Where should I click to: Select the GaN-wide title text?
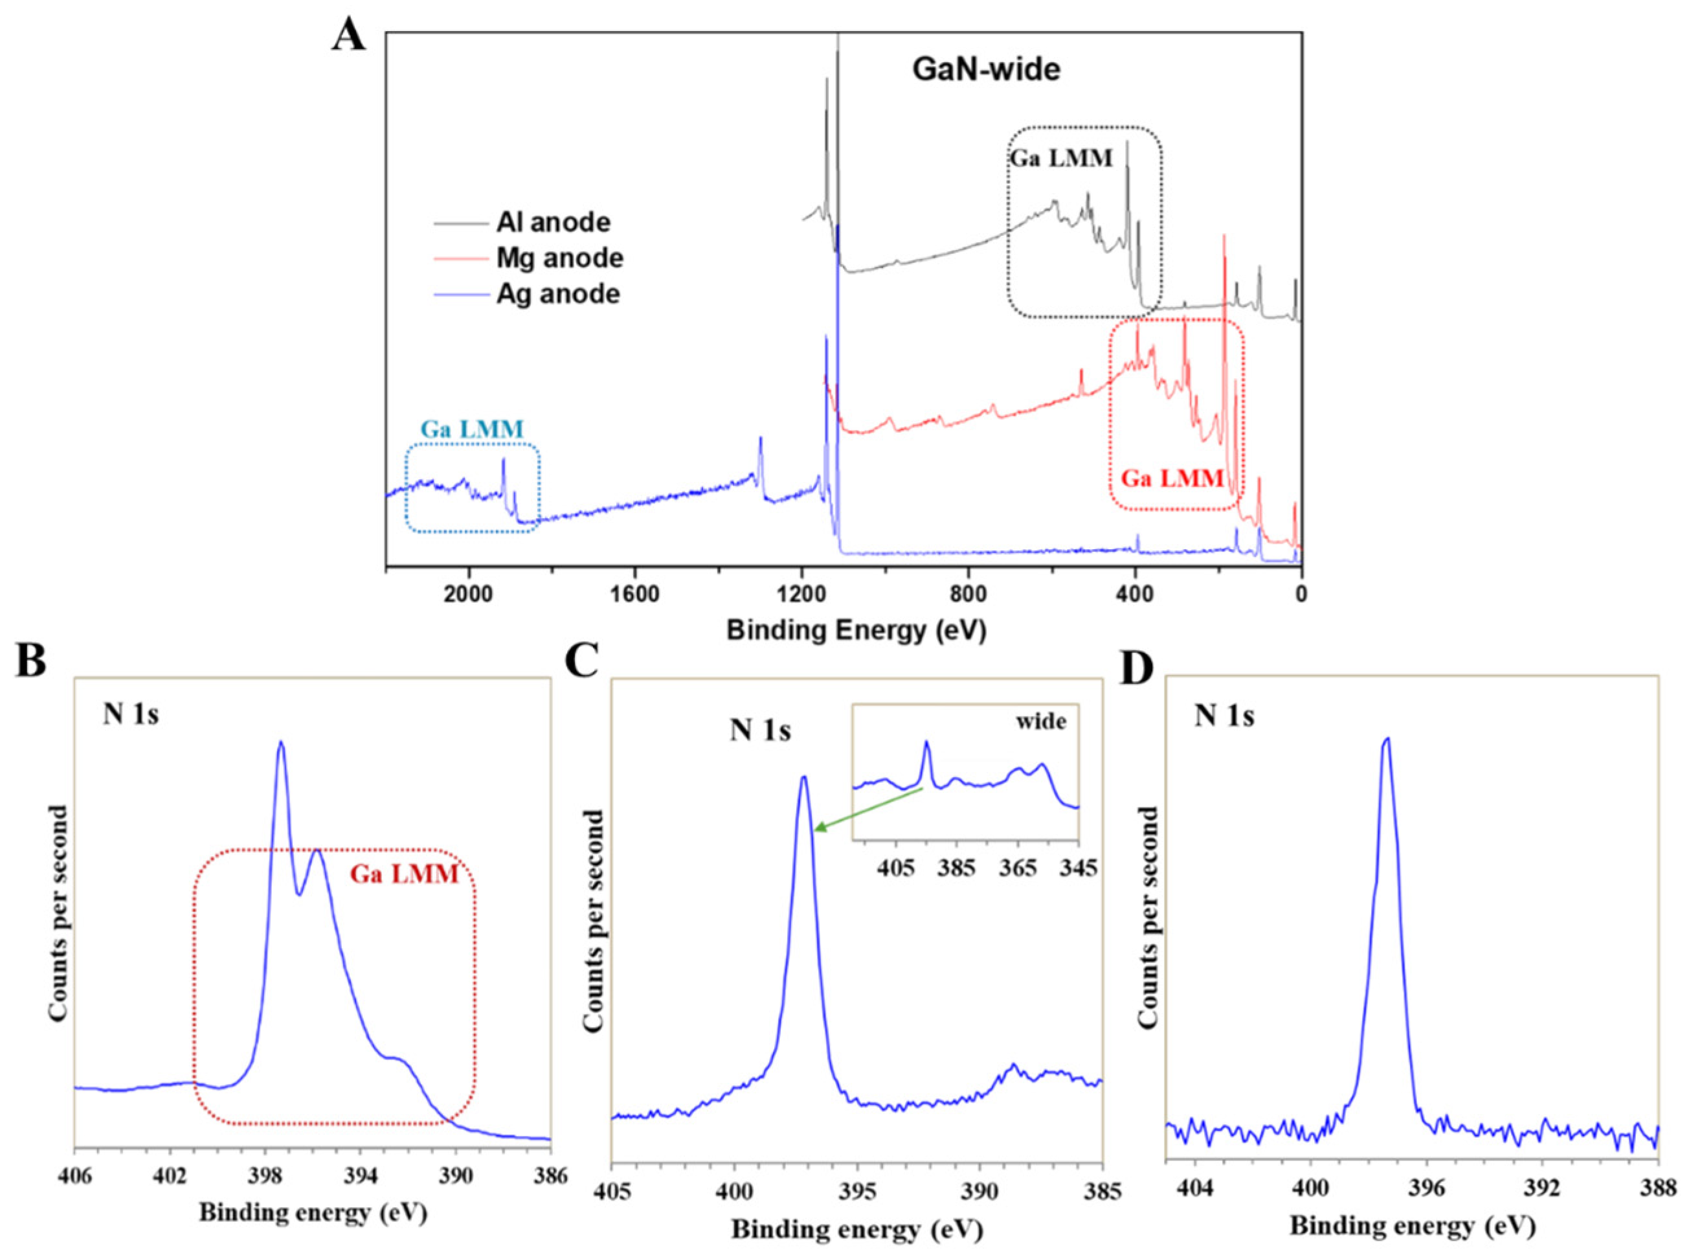(985, 71)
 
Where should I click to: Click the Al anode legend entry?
(553, 223)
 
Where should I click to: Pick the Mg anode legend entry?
(560, 258)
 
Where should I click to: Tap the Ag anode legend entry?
(558, 294)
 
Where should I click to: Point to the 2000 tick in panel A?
(468, 596)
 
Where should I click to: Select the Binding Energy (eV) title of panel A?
(856, 631)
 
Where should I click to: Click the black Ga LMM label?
(1060, 158)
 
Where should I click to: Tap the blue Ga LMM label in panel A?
(473, 429)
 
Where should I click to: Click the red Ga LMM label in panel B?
(404, 875)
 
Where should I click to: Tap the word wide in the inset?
(1041, 721)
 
